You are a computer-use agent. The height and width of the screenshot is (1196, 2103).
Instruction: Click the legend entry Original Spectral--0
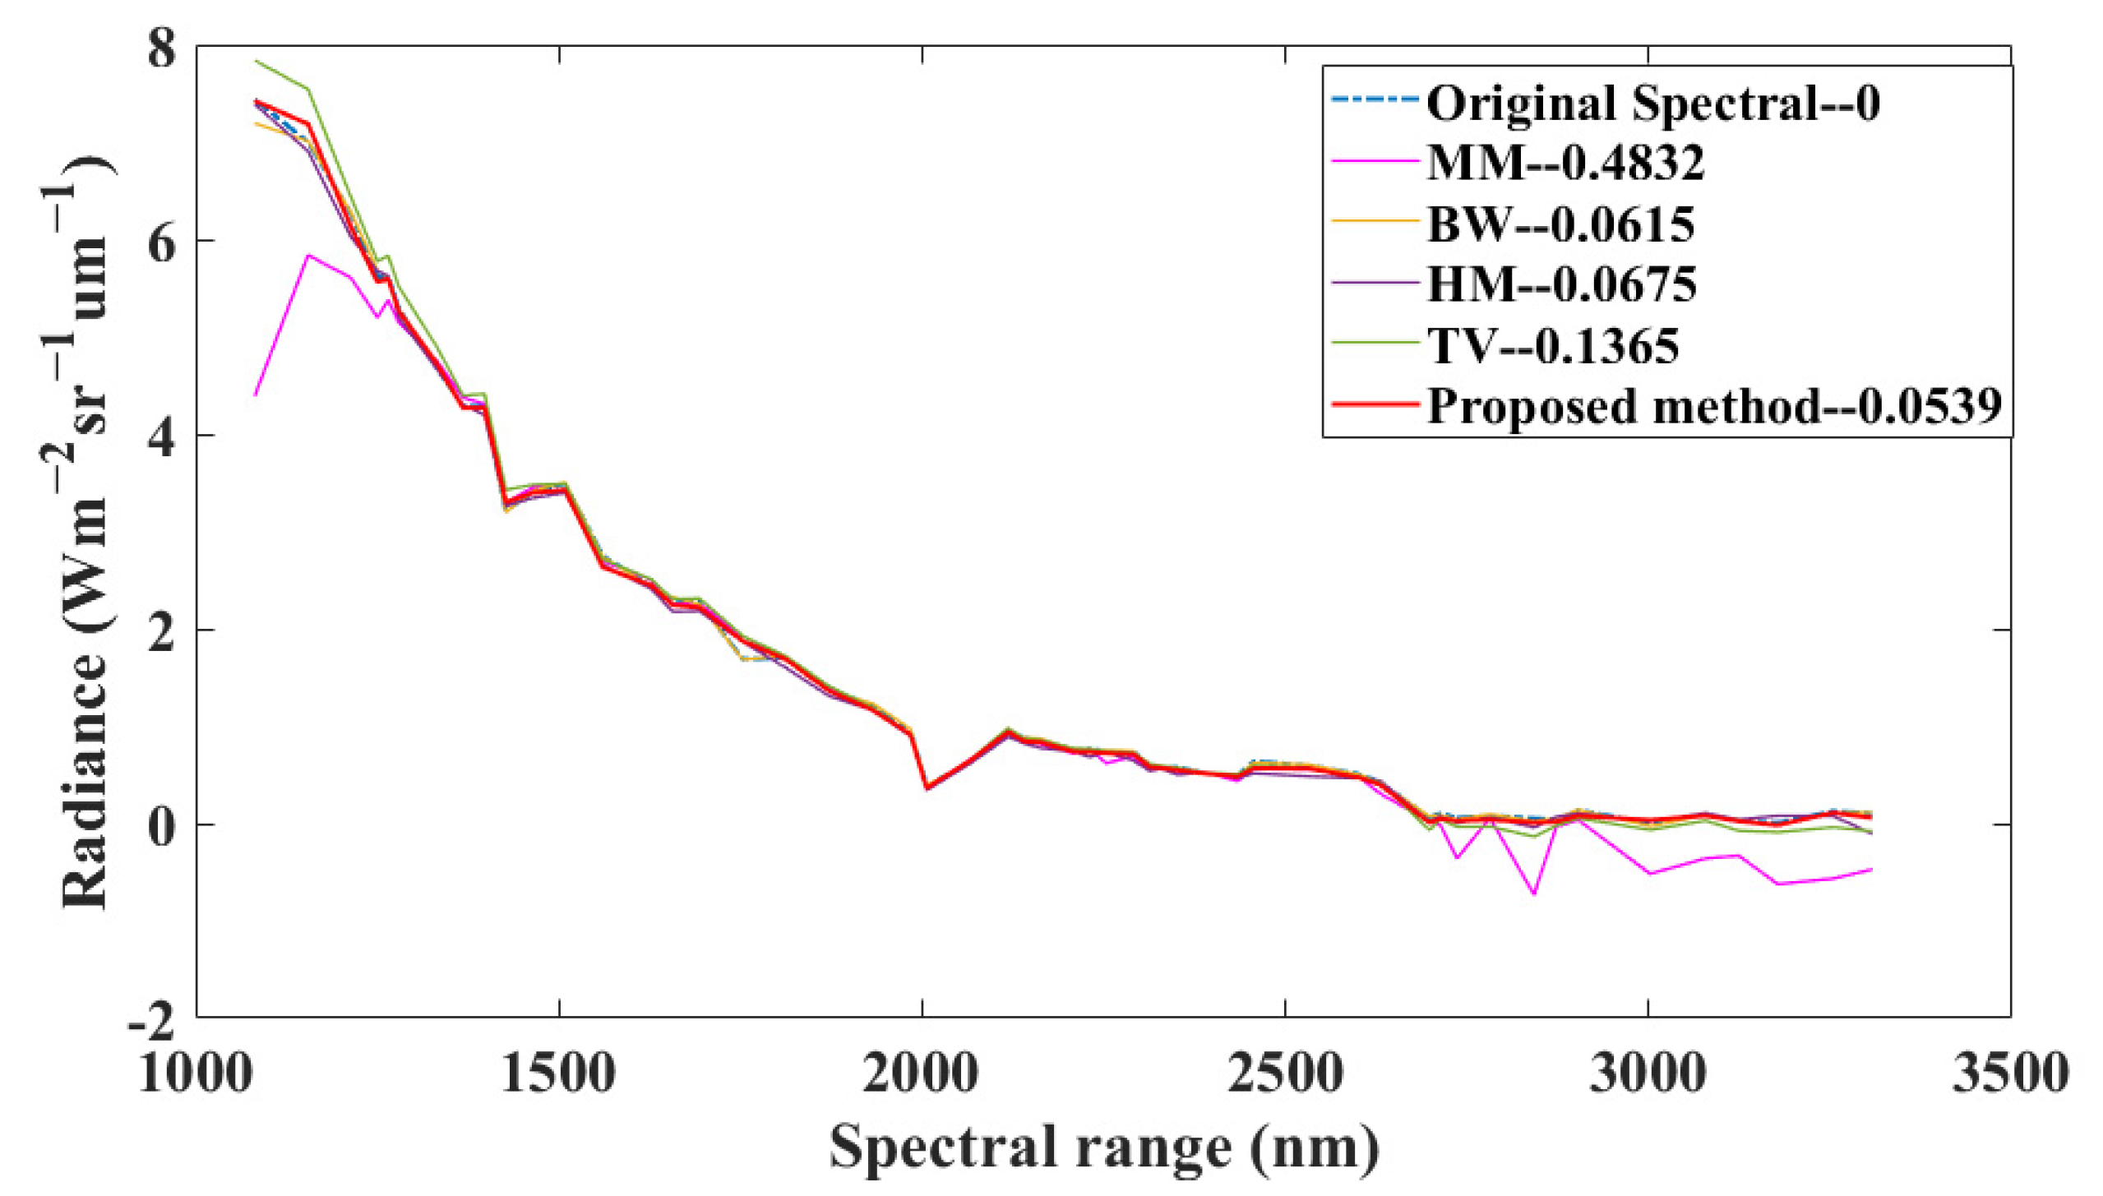pos(1652,104)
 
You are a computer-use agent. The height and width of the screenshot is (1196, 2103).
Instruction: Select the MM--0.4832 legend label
pos(1565,163)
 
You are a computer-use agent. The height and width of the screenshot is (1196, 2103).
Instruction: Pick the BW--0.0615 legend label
pos(1560,224)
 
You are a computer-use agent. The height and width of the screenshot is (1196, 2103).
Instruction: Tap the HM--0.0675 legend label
pos(1561,284)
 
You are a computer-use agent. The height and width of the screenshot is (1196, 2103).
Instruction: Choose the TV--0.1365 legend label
pos(1553,345)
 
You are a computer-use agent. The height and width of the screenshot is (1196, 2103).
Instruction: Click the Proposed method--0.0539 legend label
pos(1713,405)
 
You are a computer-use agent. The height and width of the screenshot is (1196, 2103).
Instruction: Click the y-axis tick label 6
pos(162,242)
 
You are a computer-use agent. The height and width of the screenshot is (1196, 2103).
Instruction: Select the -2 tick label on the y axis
pos(152,1020)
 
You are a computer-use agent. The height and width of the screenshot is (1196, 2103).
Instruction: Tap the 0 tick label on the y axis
pos(162,825)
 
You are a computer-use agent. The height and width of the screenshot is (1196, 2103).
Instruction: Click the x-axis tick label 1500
pos(558,1073)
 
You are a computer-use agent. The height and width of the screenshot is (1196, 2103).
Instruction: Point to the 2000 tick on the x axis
pos(921,1073)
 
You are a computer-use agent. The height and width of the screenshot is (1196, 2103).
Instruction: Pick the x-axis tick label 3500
pos(2009,1073)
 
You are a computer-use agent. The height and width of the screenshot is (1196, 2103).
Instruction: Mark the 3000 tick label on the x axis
pos(1647,1073)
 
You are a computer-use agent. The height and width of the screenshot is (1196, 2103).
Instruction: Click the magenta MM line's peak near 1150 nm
pos(308,256)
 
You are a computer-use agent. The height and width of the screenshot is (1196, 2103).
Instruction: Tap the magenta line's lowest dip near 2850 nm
pos(1534,894)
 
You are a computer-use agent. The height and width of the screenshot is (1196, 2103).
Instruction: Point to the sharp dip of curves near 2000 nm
pos(927,787)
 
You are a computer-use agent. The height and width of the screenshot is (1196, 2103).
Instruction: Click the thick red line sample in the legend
pos(1375,405)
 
